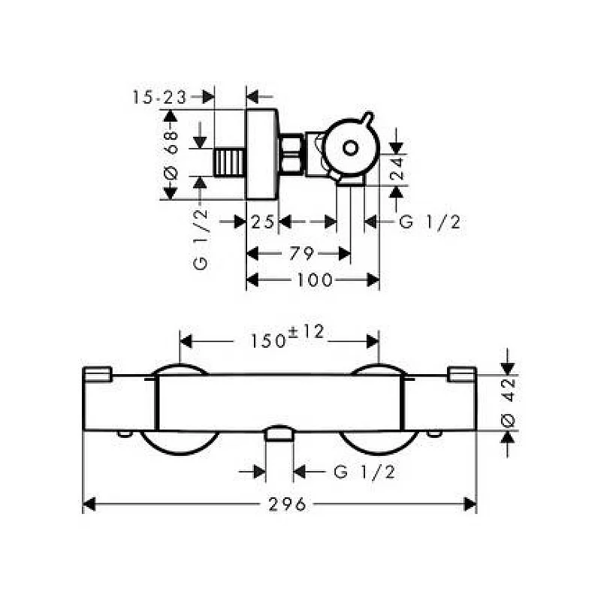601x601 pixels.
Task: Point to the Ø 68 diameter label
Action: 171,154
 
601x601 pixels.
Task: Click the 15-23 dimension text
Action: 160,96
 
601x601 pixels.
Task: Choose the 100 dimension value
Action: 314,280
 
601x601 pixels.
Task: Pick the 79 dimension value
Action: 300,253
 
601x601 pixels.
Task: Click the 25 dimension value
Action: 262,222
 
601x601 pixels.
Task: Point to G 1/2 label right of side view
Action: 429,222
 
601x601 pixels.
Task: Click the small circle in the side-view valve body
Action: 350,148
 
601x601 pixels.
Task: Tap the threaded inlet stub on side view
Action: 231,162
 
